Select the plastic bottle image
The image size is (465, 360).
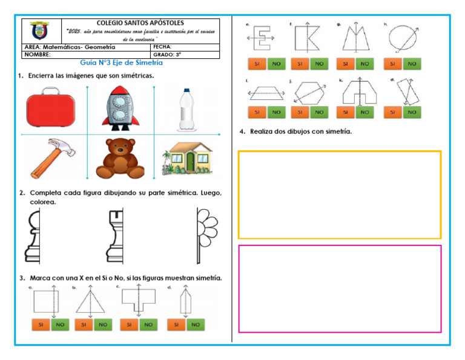tap(187, 109)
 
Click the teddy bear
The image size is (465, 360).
tap(120, 159)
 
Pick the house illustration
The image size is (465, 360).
tap(188, 159)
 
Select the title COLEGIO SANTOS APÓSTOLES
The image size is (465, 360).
tap(140, 23)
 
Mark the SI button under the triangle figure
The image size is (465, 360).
tap(84, 325)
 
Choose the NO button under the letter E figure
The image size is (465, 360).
tap(275, 64)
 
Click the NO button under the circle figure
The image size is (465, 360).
tap(412, 64)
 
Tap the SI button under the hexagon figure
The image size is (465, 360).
tap(300, 112)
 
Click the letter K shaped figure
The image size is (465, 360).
tap(307, 38)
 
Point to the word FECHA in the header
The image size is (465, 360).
tap(163, 47)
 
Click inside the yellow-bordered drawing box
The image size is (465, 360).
tap(340, 195)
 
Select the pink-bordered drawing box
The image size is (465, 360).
tap(340, 288)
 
